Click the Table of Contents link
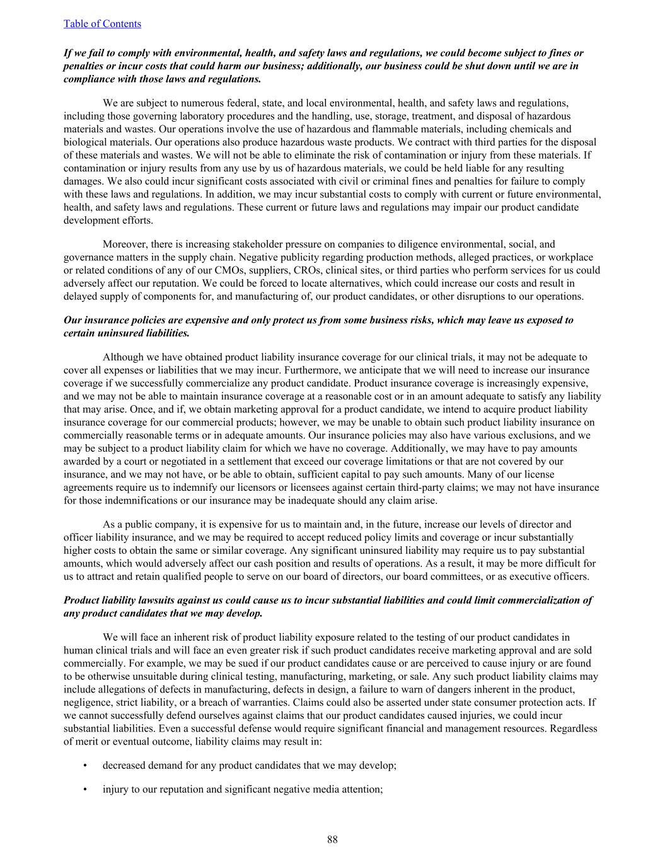pyautogui.click(x=102, y=24)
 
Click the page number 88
pyautogui.click(x=332, y=839)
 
